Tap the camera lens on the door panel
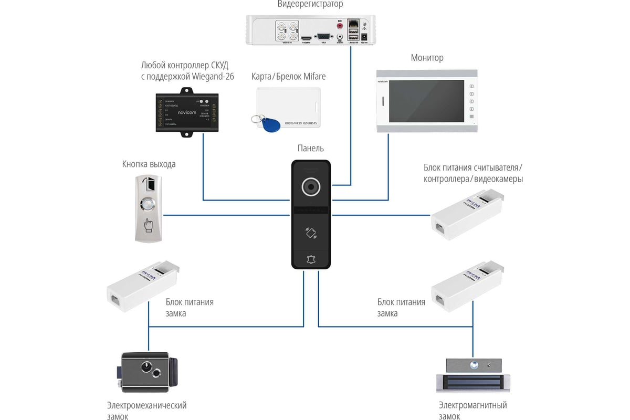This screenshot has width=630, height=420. (311, 187)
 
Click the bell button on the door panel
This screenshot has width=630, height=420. (311, 259)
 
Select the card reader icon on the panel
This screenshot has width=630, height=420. (311, 233)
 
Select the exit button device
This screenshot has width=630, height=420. (149, 209)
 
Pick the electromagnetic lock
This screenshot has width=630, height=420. (474, 375)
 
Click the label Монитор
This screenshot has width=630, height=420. (427, 58)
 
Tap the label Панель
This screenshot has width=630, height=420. (311, 149)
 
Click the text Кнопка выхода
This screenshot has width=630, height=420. (149, 164)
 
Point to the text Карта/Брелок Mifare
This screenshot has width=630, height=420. (288, 77)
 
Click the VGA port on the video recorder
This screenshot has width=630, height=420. (322, 36)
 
